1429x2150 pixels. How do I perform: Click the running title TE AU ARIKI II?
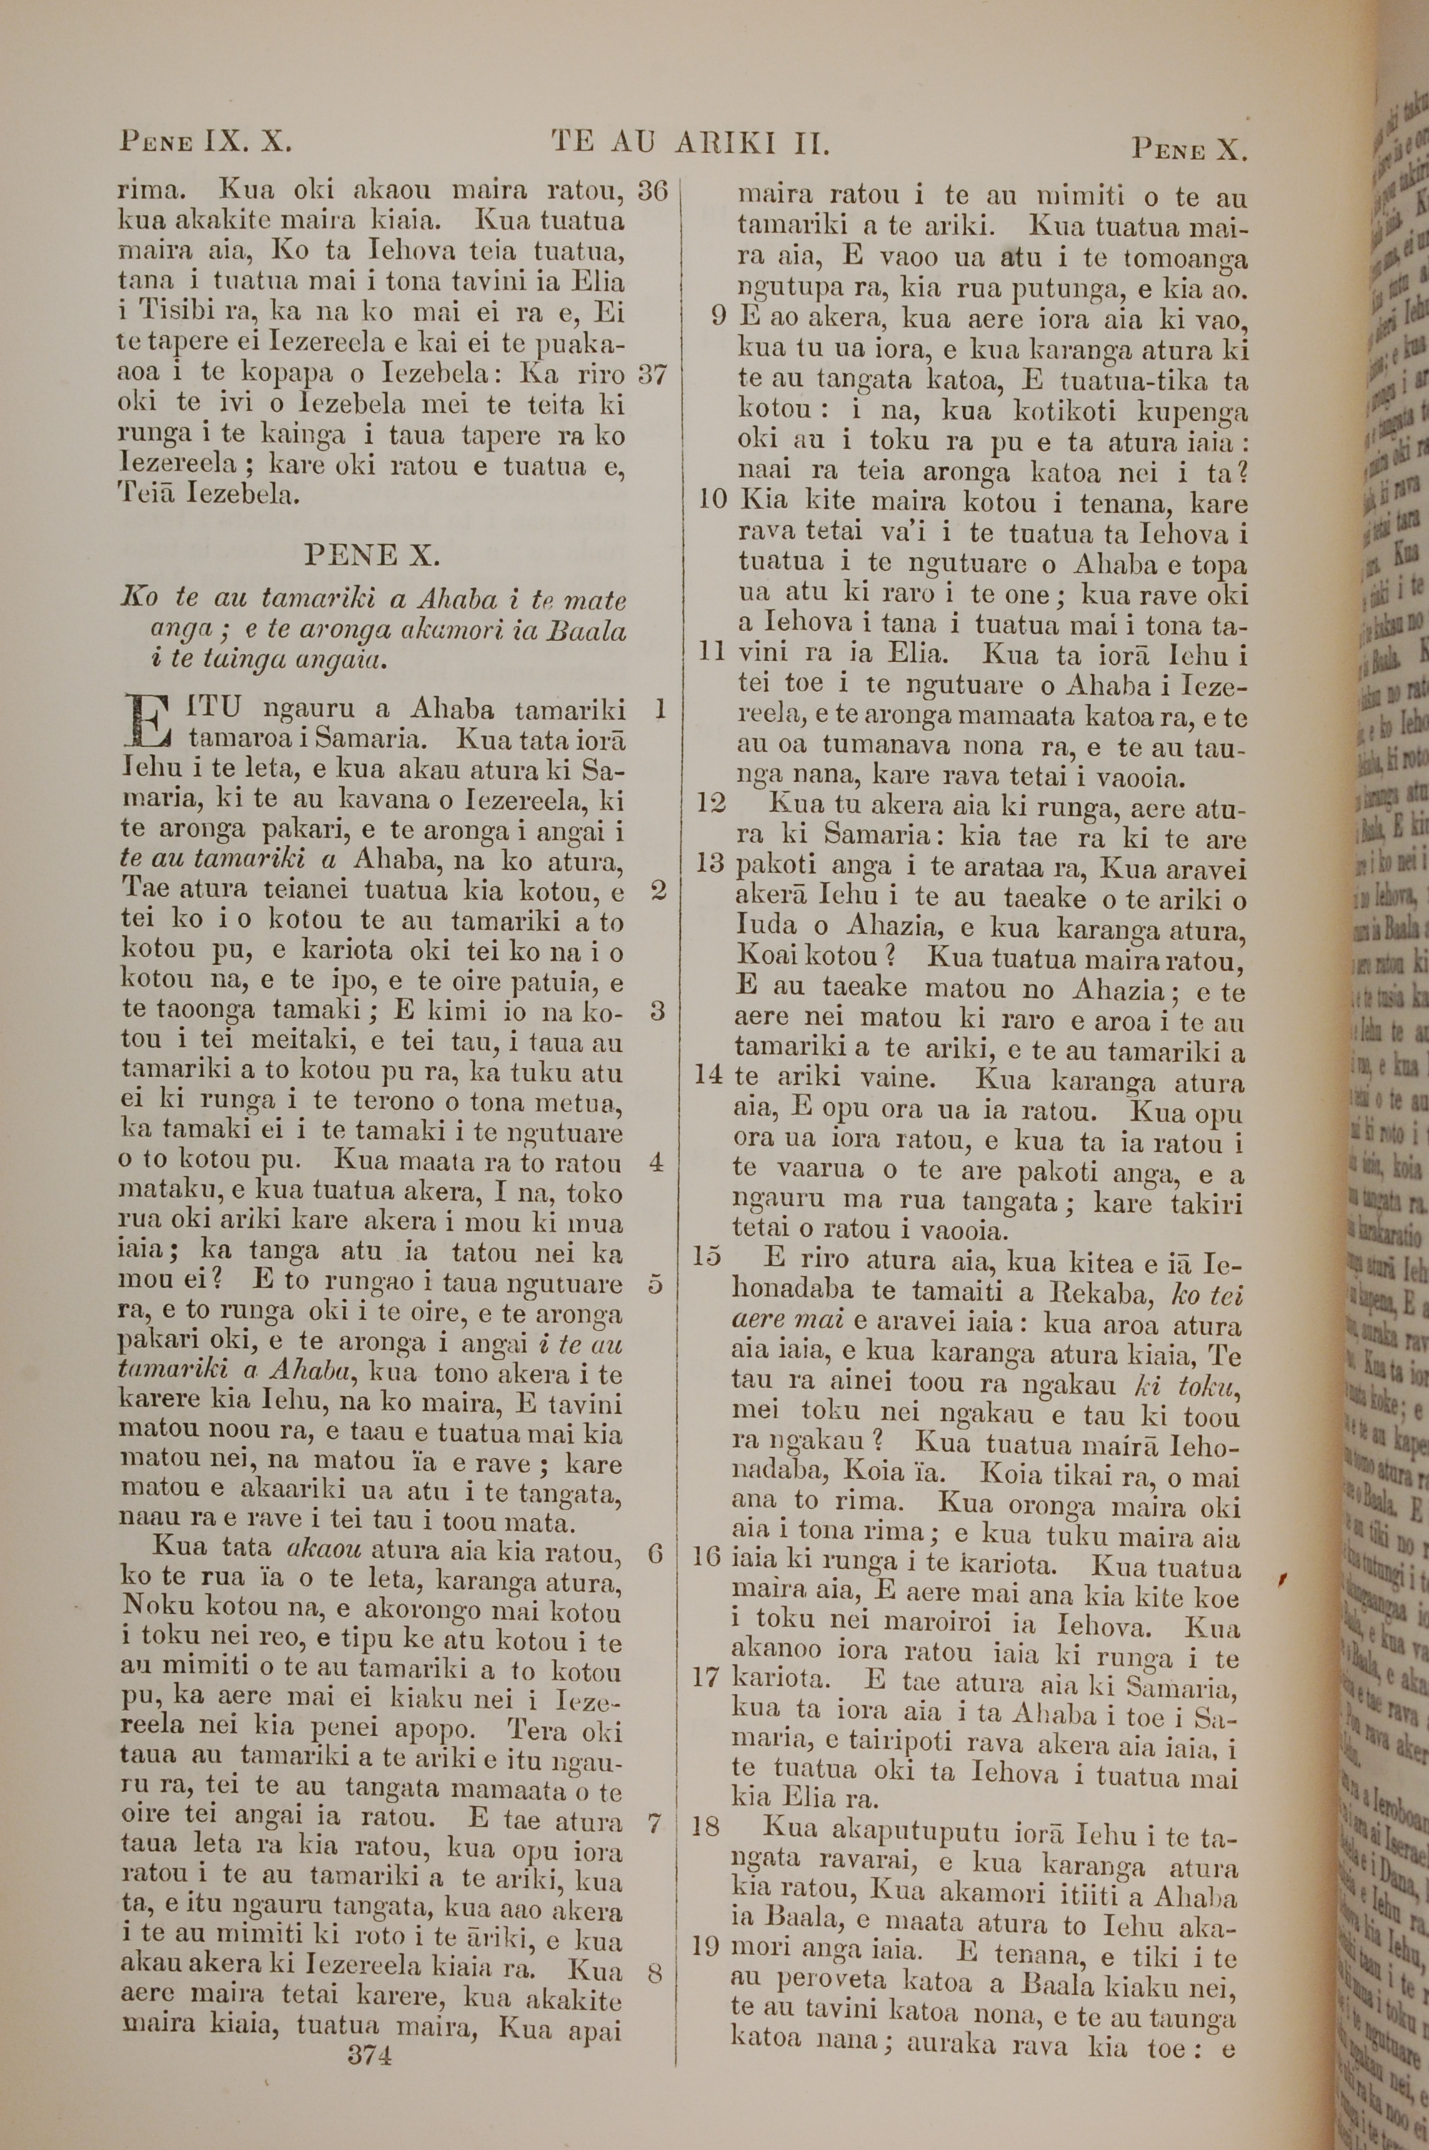690,143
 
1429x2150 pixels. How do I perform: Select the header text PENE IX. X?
206,143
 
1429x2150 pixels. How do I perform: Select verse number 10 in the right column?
712,500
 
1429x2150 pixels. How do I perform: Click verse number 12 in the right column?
711,803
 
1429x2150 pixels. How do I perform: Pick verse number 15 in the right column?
707,1257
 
